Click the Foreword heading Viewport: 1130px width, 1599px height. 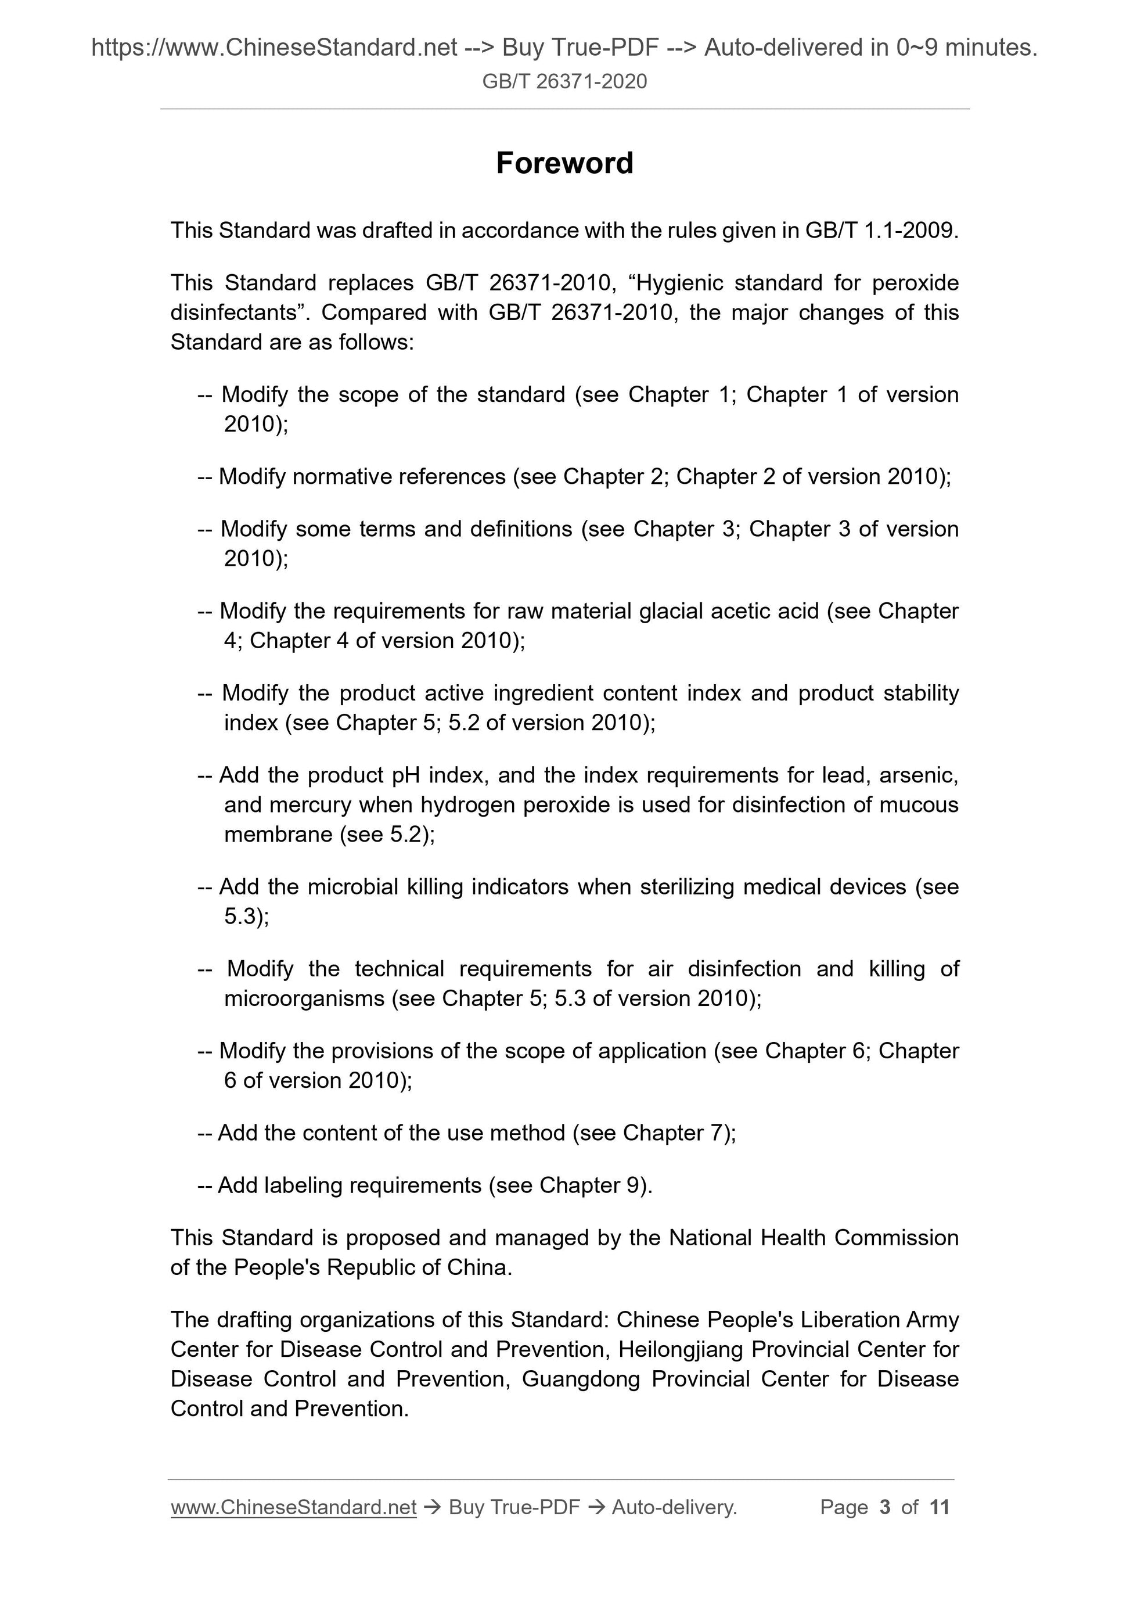pyautogui.click(x=564, y=164)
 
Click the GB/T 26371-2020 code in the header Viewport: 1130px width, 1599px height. pyautogui.click(x=564, y=81)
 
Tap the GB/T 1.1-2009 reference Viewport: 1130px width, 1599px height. pyautogui.click(x=881, y=231)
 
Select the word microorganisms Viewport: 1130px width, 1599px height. pyautogui.click(x=304, y=998)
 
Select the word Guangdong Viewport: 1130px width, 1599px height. pyautogui.click(x=581, y=1379)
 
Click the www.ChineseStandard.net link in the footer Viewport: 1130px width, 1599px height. pyautogui.click(x=293, y=1508)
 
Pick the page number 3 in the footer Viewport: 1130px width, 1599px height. pyautogui.click(x=885, y=1508)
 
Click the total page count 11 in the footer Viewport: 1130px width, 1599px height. pyautogui.click(x=939, y=1508)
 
